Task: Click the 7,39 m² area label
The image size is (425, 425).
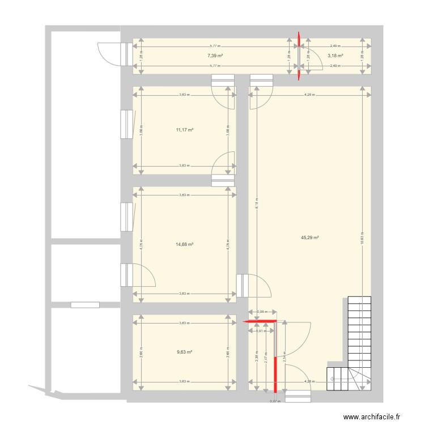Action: tap(215, 56)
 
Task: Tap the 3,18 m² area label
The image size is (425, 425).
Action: tap(335, 56)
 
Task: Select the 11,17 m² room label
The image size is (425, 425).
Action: tap(185, 130)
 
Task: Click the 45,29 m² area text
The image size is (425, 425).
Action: tap(311, 238)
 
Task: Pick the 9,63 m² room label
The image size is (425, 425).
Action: tap(185, 352)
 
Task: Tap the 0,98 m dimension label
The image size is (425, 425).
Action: tap(262, 312)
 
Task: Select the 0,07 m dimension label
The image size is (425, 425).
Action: tap(275, 401)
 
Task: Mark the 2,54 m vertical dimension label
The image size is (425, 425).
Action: tap(285, 357)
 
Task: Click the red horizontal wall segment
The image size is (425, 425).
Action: tap(260, 321)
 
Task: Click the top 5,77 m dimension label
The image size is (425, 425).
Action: tap(215, 46)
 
